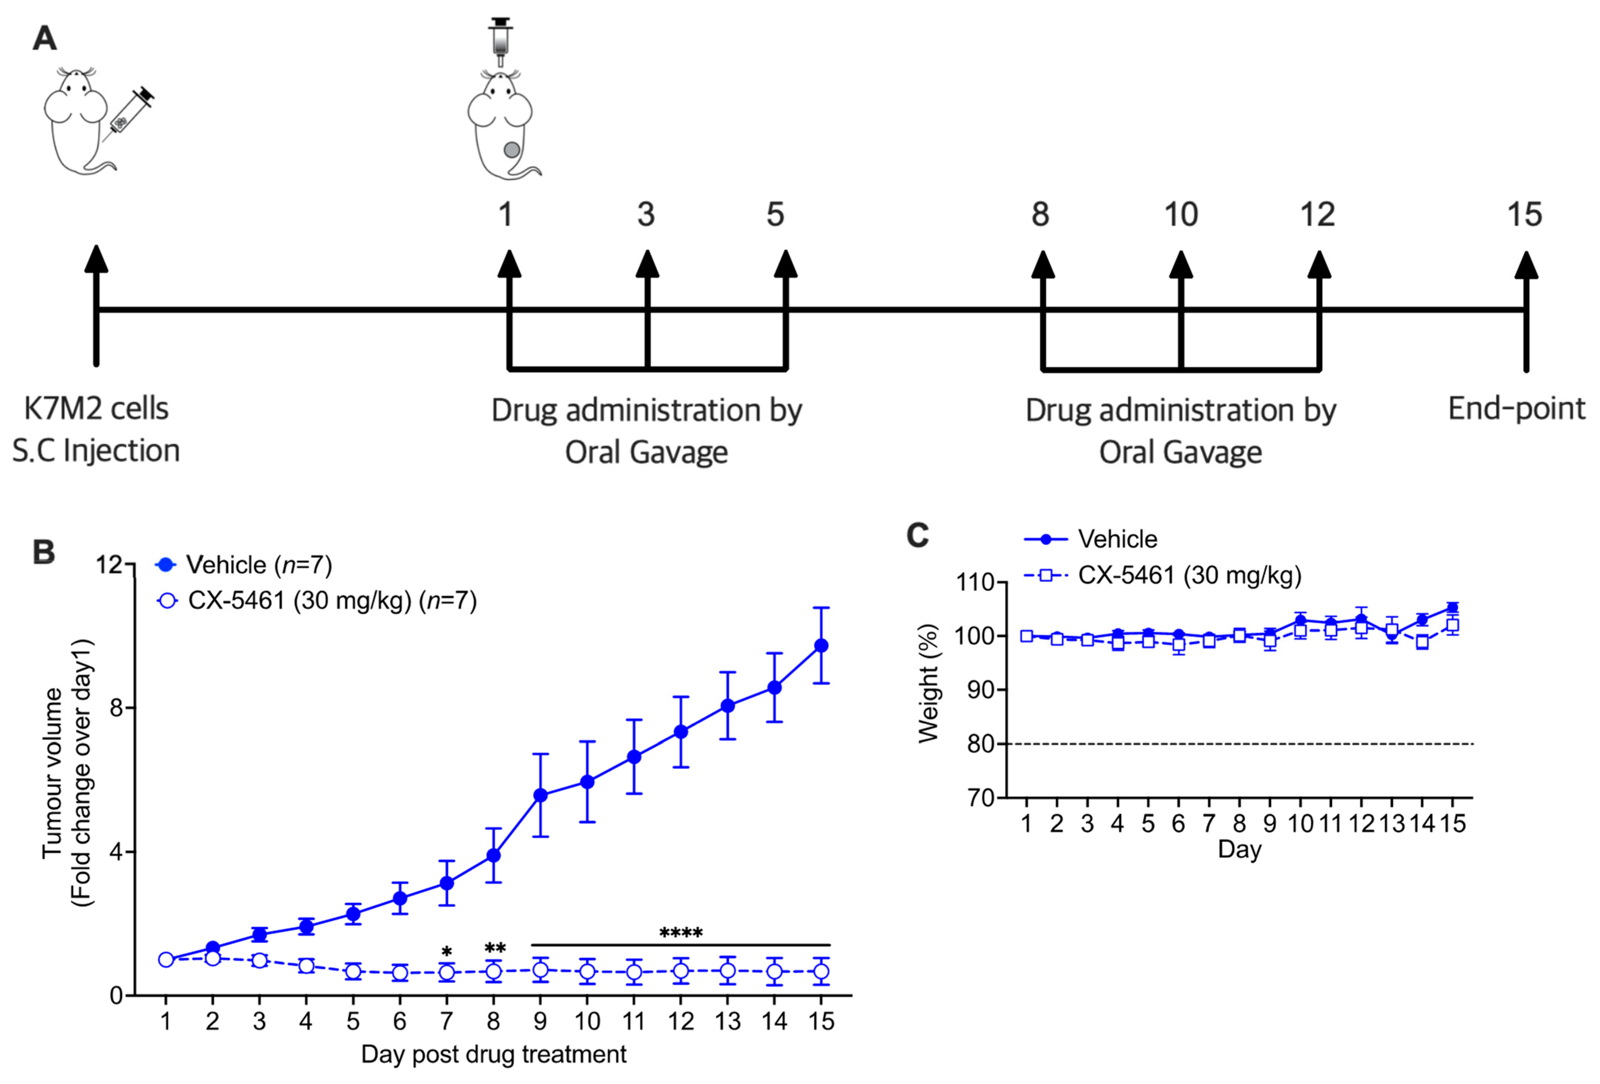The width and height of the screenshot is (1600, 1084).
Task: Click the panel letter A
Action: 45,38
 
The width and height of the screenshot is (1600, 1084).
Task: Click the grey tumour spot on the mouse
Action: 512,149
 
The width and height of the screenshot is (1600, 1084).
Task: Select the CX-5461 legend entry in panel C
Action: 1163,575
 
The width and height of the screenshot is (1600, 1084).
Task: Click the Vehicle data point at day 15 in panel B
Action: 821,645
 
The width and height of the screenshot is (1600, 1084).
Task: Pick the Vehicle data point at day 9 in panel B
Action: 540,795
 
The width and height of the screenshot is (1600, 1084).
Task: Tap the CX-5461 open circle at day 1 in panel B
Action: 166,959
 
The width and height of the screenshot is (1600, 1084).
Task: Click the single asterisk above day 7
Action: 447,952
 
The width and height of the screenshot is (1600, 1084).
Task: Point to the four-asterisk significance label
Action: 681,933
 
